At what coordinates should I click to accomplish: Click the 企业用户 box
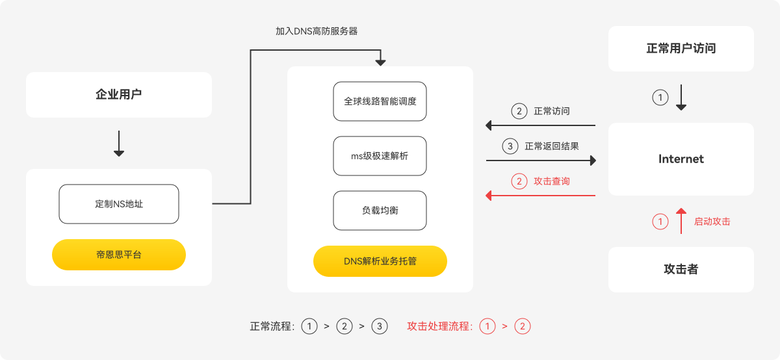[x=119, y=95]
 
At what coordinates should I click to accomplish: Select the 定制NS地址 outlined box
[x=119, y=204]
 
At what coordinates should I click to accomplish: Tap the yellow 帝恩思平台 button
[x=119, y=255]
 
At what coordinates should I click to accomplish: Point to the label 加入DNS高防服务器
[x=317, y=31]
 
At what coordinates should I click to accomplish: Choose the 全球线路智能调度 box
[x=380, y=101]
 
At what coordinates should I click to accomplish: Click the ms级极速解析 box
[x=380, y=156]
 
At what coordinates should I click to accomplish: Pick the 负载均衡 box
[x=380, y=211]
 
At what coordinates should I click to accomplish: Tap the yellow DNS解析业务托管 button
[x=380, y=261]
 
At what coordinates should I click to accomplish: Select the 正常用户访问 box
[x=681, y=49]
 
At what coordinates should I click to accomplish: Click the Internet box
[x=681, y=159]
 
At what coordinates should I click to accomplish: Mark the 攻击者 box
[x=681, y=270]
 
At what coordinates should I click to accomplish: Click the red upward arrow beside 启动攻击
[x=681, y=221]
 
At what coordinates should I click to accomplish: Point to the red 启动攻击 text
[x=712, y=222]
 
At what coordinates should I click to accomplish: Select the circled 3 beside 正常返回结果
[x=510, y=146]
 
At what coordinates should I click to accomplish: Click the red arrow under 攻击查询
[x=541, y=195]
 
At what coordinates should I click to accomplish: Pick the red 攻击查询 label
[x=552, y=181]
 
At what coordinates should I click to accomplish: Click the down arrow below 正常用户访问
[x=681, y=97]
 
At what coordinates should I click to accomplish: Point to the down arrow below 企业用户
[x=119, y=144]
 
